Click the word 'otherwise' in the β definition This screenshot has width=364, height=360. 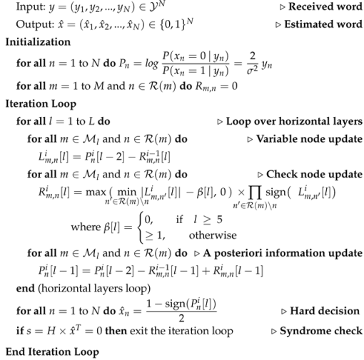click(211, 234)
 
